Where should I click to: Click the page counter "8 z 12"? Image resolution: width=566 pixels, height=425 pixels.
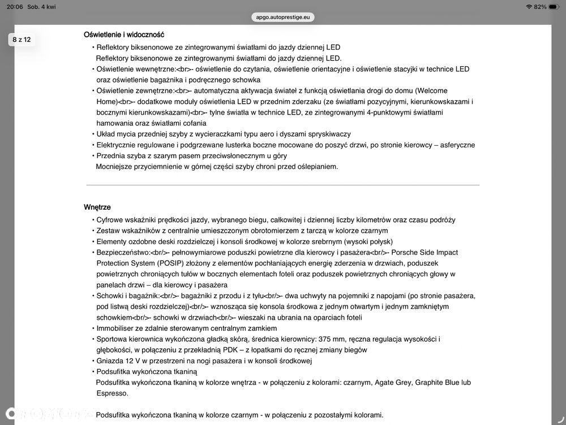pos(22,40)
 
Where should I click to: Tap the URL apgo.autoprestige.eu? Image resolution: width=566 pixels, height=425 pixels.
pos(283,17)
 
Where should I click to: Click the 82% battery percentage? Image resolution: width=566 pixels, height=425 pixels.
pos(539,6)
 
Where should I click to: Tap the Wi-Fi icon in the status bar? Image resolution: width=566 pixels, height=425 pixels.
pos(529,6)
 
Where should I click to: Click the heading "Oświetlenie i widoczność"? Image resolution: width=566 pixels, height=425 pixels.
pos(124,35)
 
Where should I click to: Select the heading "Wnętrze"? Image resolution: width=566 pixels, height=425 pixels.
pos(97,207)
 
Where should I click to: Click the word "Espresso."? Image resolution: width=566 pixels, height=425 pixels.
pos(112,393)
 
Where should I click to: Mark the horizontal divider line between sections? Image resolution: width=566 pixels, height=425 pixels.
pos(283,185)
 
